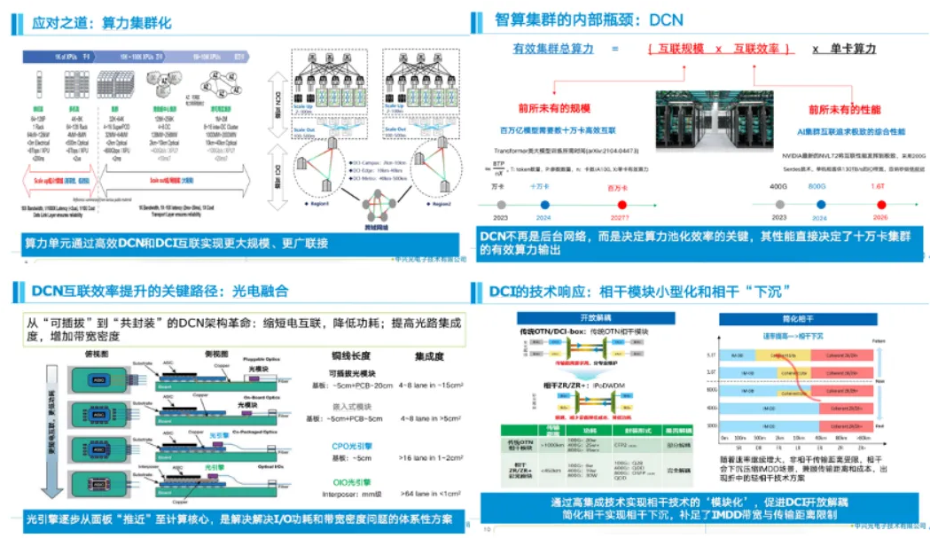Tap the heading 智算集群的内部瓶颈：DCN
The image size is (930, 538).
point(589,19)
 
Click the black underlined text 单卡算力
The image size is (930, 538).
point(856,49)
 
